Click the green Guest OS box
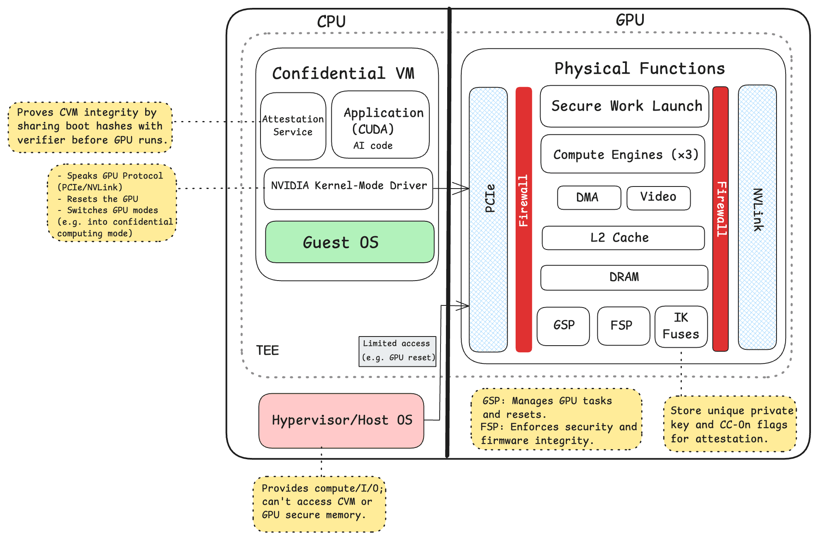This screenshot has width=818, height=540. [349, 242]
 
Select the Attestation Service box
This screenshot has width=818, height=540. [293, 126]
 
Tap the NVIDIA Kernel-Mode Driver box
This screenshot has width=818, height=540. [348, 189]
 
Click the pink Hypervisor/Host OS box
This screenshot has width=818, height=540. [341, 420]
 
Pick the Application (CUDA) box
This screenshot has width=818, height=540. [380, 125]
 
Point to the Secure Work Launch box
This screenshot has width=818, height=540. [624, 106]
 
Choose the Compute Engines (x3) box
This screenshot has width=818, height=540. [623, 154]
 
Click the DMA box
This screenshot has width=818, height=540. [589, 198]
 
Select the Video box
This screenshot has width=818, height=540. [658, 198]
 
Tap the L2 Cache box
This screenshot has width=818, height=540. [623, 238]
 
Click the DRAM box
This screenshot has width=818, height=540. [624, 277]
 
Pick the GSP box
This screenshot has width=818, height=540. [563, 326]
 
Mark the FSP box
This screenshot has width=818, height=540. [623, 326]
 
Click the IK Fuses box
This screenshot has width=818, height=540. [681, 326]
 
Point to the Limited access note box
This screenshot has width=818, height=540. [397, 351]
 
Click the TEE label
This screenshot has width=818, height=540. [268, 351]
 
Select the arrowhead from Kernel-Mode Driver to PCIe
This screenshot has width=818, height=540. [462, 189]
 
